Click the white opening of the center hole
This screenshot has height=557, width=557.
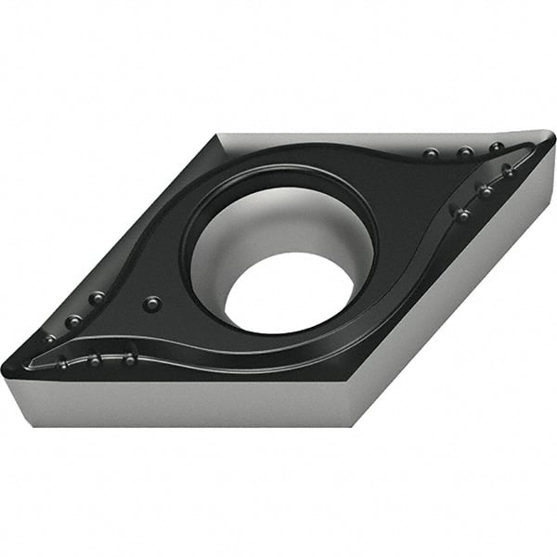[289, 292]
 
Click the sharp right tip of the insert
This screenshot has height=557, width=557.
[551, 138]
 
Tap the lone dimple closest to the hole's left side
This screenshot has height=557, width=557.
[152, 304]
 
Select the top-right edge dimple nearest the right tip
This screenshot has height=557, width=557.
[497, 148]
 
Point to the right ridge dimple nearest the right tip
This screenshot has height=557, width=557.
[508, 171]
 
